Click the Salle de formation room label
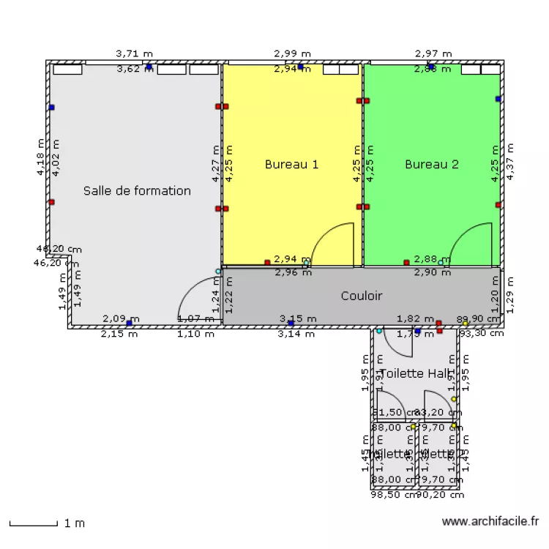point(137,191)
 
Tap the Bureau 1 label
point(291,165)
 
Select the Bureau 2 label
point(432,165)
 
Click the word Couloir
point(362,296)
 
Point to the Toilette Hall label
point(414,373)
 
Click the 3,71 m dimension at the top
point(135,53)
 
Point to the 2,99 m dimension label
point(292,53)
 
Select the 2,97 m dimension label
point(433,53)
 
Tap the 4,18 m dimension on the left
point(41,158)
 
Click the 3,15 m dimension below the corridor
point(298,318)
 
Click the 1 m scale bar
point(33,523)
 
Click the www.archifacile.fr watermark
point(491,521)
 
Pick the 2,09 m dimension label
point(116,318)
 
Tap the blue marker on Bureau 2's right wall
point(498,99)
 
